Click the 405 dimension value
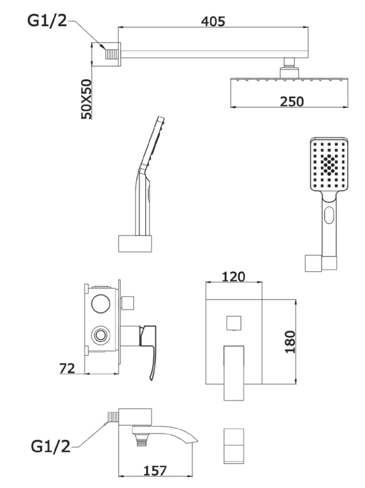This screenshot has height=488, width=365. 213,21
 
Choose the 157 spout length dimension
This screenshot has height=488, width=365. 155,470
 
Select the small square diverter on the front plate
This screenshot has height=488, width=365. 234,322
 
